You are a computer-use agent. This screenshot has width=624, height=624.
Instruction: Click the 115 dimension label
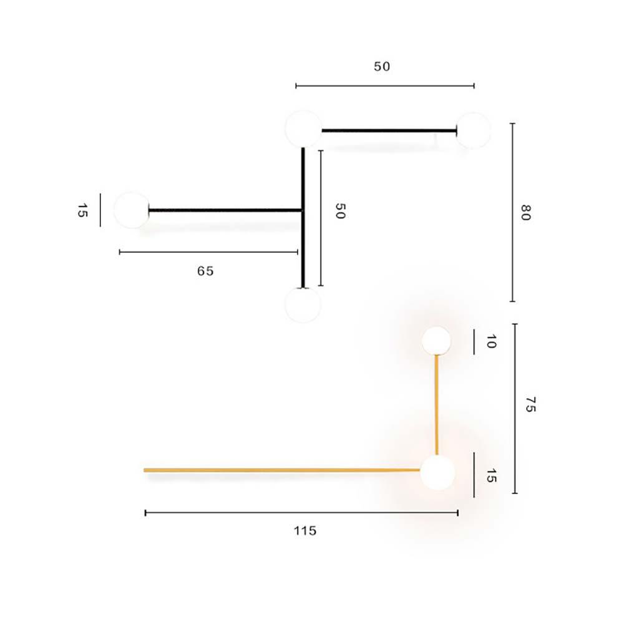tap(305, 530)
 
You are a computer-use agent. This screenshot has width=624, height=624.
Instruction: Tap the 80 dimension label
tap(525, 213)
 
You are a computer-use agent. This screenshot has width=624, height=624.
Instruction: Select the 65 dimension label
tap(205, 271)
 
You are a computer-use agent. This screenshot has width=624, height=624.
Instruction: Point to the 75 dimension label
tap(530, 404)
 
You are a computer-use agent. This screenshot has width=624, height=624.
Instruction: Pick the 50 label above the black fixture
tap(382, 67)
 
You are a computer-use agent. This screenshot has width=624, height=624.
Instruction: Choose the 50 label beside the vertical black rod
tap(340, 211)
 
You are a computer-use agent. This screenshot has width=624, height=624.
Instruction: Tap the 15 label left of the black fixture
tap(82, 210)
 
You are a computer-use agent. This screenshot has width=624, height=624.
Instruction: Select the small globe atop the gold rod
tap(437, 341)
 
